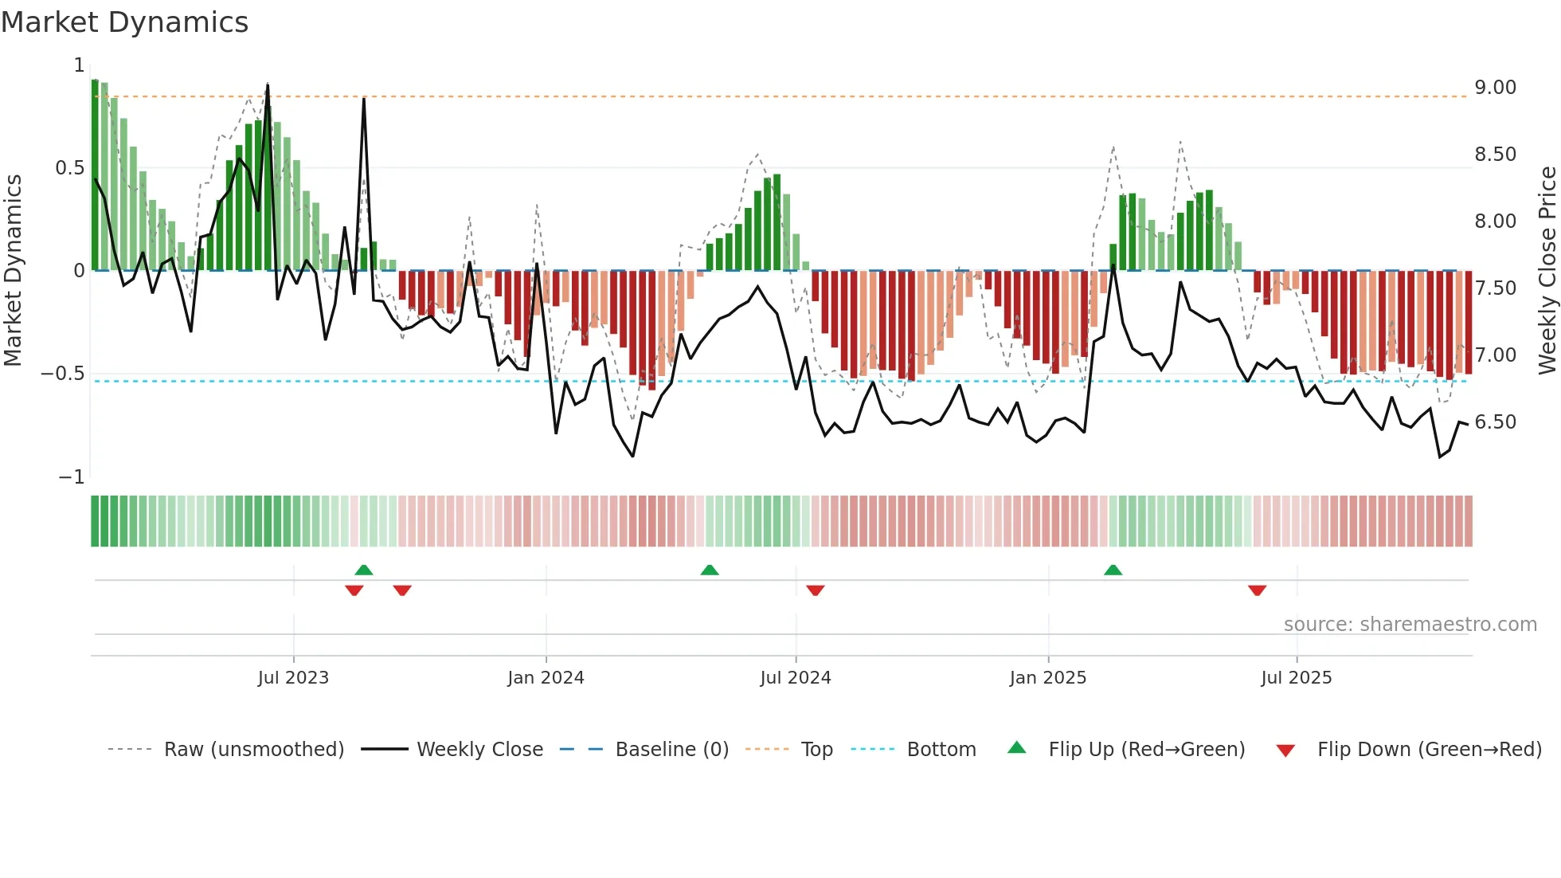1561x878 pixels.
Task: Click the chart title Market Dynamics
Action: pos(125,22)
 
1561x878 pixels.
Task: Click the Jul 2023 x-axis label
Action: pos(293,678)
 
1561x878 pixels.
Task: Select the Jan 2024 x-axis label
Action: pos(546,678)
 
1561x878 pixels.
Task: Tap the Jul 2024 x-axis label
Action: pos(795,678)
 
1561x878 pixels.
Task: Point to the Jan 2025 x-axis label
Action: pos(1047,678)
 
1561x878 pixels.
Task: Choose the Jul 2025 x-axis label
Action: pos(1296,678)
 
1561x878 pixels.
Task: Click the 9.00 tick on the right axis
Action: pos(1495,88)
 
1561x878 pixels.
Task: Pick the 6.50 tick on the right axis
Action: pos(1495,422)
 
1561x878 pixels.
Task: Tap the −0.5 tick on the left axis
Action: pos(62,374)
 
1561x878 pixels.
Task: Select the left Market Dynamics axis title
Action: pos(13,271)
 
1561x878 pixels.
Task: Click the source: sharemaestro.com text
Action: pos(1410,625)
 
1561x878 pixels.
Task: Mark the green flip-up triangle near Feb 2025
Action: pos(1113,570)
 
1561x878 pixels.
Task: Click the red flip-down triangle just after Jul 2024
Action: pos(815,590)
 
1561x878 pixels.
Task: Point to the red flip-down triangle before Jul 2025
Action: pos(1257,590)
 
